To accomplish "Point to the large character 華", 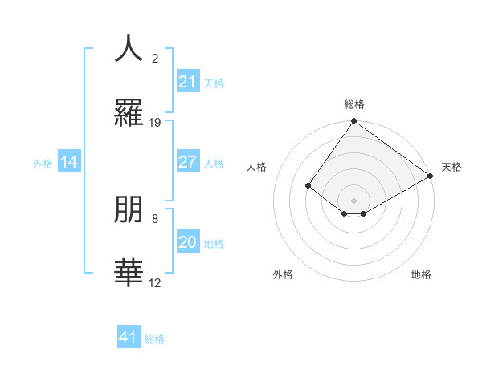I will pyautogui.click(x=128, y=273).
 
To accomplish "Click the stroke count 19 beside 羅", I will pyautogui.click(x=155, y=122).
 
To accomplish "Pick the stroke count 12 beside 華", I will pyautogui.click(x=155, y=282).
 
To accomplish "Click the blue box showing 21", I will pyautogui.click(x=187, y=82).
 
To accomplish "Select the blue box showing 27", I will pyautogui.click(x=187, y=162).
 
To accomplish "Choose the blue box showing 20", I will pyautogui.click(x=187, y=243).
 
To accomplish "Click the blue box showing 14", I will pyautogui.click(x=69, y=163).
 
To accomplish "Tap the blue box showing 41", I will pyautogui.click(x=129, y=338).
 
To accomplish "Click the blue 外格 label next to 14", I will pyautogui.click(x=43, y=164).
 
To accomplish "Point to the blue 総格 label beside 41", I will pyautogui.click(x=154, y=339).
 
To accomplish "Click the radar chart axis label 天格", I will pyautogui.click(x=451, y=167).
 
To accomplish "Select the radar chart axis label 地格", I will pyautogui.click(x=421, y=274).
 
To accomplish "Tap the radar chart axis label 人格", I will pyautogui.click(x=256, y=167).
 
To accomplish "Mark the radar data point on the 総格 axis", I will pyautogui.click(x=353, y=121).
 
